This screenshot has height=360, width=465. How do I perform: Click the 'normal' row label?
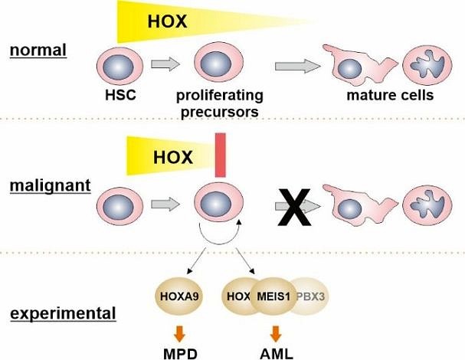38,51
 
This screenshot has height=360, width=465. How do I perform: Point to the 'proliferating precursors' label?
220,103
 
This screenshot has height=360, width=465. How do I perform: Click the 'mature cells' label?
390,97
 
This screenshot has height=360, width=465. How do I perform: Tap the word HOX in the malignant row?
173,158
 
